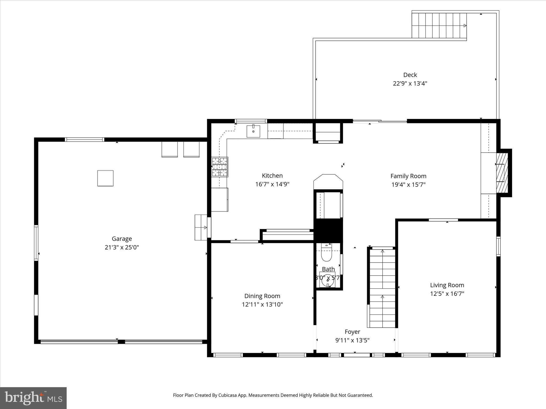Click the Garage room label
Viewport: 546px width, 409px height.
click(122, 239)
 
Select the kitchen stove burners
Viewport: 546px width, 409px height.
click(220, 167)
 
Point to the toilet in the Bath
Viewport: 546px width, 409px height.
click(326, 255)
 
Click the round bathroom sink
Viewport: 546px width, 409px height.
click(327, 280)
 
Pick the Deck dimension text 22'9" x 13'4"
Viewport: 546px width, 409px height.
click(410, 84)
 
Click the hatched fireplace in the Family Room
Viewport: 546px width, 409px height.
click(502, 173)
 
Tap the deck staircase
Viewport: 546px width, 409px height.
click(439, 26)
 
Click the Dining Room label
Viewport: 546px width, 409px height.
click(262, 296)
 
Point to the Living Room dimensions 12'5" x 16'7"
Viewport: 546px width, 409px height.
click(447, 294)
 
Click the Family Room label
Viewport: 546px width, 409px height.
click(408, 176)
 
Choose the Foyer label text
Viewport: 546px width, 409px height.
click(352, 332)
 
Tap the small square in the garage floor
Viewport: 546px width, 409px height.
click(105, 178)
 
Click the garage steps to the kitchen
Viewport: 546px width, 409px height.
click(201, 227)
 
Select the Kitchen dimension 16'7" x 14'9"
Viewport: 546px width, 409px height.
click(272, 184)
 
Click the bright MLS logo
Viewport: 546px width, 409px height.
click(33, 398)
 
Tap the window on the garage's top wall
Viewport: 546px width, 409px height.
click(85, 140)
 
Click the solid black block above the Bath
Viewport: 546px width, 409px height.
click(328, 231)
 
